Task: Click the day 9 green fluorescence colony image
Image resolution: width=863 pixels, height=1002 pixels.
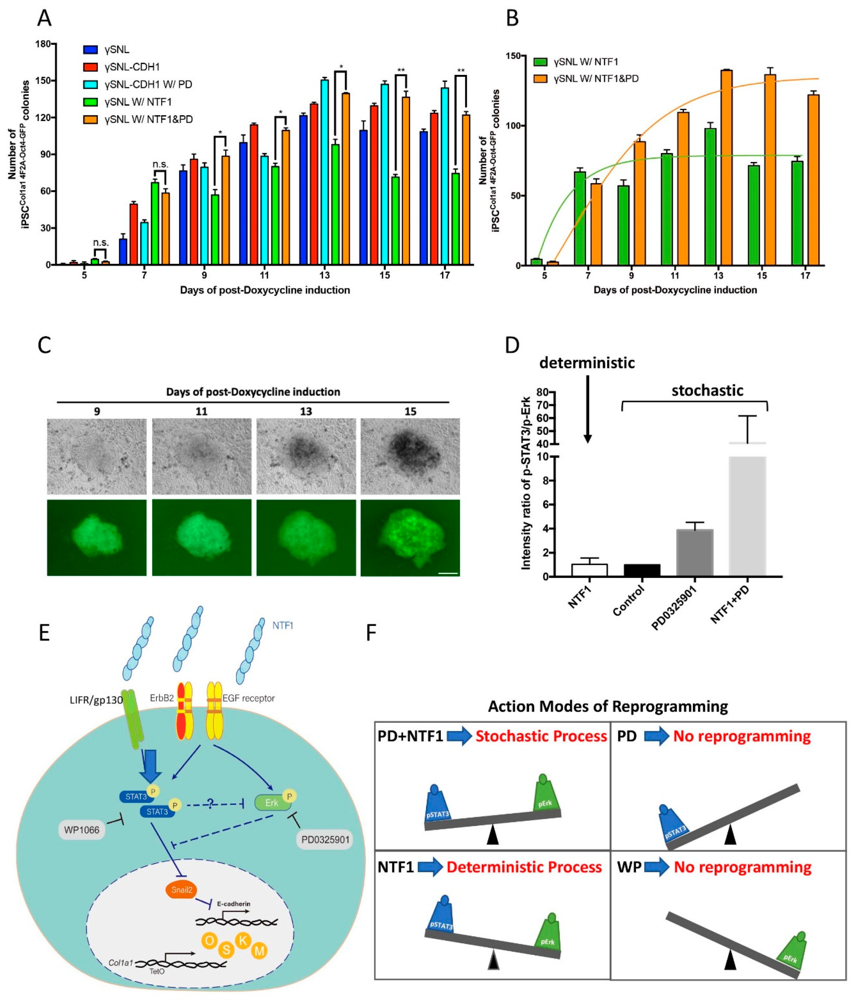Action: coord(97,538)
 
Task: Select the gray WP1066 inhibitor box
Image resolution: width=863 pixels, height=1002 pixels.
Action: coord(82,830)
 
